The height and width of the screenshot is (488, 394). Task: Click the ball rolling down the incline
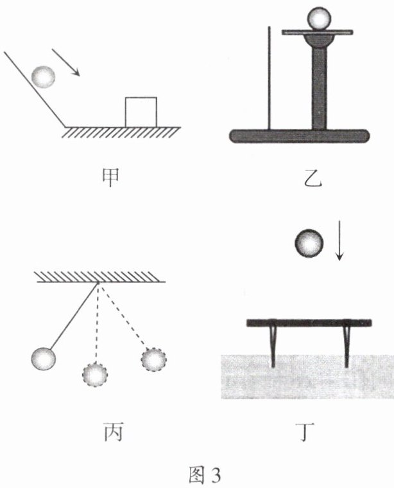coord(44,77)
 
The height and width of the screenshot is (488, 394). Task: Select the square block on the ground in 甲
coord(141,111)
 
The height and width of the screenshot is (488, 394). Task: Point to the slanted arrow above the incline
coord(66,61)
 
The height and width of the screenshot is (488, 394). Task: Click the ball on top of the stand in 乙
coord(318,18)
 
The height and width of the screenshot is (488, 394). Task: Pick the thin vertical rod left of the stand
coord(270,78)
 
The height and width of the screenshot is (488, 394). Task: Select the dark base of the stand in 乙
coord(300,136)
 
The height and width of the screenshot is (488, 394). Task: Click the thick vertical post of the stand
coord(319,87)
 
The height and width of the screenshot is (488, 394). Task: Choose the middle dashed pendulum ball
coord(94,375)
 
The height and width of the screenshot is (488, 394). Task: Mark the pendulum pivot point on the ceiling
coord(98,283)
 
